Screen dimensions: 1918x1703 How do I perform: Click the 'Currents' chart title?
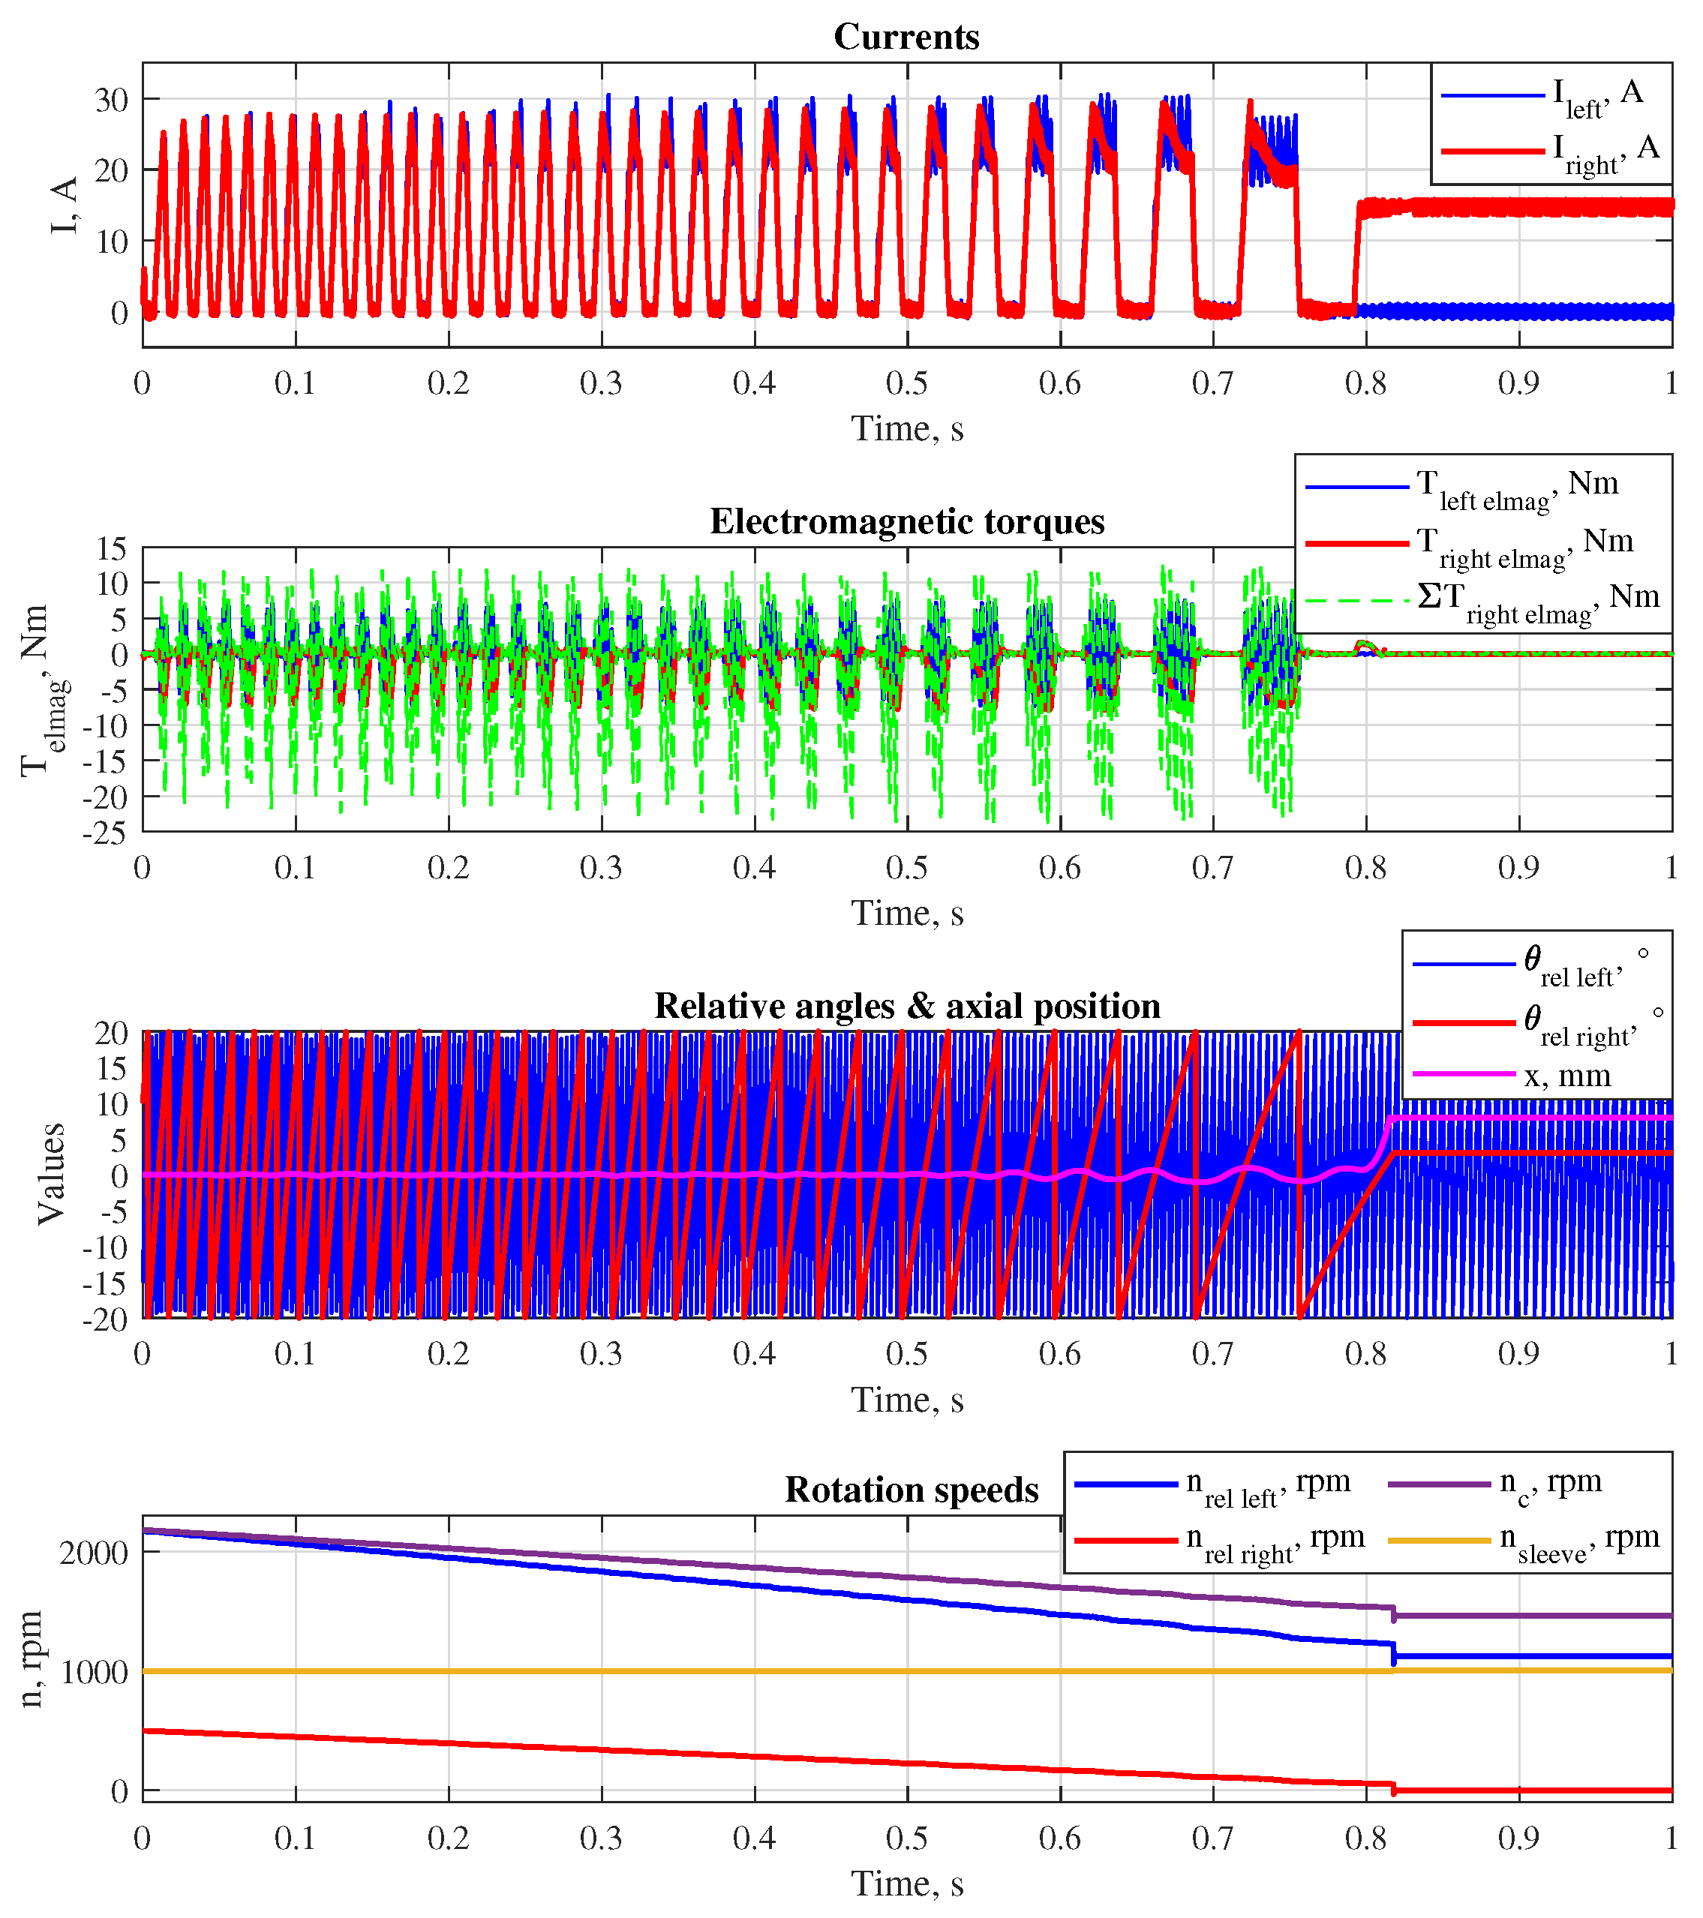(906, 37)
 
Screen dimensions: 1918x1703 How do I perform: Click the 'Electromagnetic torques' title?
(906, 522)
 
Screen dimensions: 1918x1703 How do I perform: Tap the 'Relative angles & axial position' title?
(906, 1006)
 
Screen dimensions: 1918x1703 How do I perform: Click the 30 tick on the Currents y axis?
(112, 100)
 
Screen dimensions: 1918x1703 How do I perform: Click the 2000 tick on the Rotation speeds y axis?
(94, 1553)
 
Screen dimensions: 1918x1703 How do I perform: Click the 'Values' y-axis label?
(51, 1174)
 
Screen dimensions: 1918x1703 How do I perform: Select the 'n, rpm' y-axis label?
(30, 1659)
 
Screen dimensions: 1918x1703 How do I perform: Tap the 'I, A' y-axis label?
(63, 206)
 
